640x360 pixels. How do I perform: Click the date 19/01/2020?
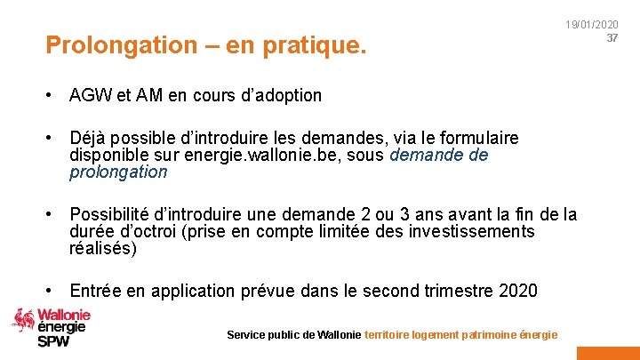tap(592, 24)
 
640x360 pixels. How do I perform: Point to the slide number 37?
tap(612, 38)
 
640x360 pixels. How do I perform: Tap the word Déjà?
tap(89, 139)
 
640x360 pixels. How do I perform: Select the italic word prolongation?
tap(118, 172)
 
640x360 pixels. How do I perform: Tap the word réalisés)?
tap(103, 249)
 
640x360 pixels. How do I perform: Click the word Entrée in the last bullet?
tap(95, 292)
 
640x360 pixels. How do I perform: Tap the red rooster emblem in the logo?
tap(24, 320)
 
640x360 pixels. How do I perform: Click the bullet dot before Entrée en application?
tap(52, 292)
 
